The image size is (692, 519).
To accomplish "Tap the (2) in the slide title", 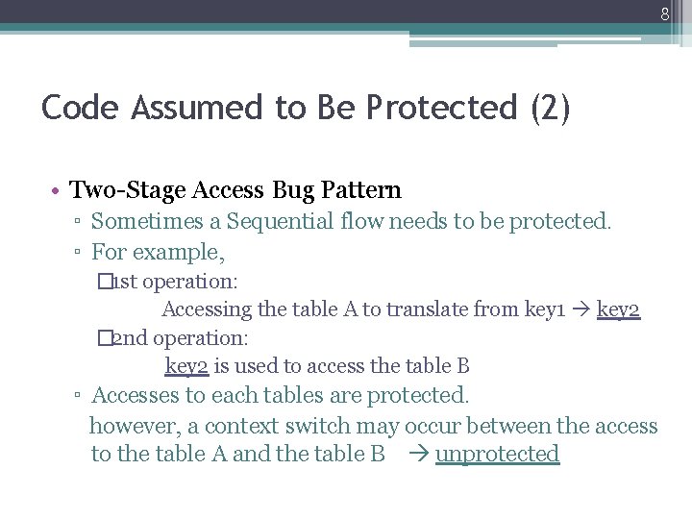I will click(x=550, y=107).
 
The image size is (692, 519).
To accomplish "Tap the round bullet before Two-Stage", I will click(x=58, y=191).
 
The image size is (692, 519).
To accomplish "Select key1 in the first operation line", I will click(x=544, y=309).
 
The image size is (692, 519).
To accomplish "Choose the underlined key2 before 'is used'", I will click(x=186, y=366).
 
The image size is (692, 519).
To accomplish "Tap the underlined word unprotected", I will click(x=497, y=454).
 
